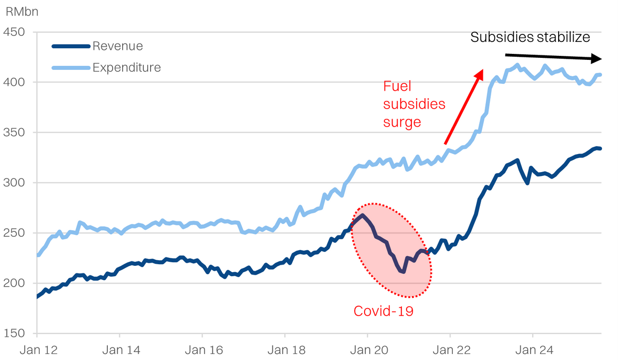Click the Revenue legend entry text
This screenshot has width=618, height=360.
pyautogui.click(x=118, y=46)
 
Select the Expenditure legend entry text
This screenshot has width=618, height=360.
pyautogui.click(x=127, y=67)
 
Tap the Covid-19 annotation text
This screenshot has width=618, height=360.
pyautogui.click(x=384, y=311)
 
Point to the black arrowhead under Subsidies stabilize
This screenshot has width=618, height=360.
pyautogui.click(x=596, y=58)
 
